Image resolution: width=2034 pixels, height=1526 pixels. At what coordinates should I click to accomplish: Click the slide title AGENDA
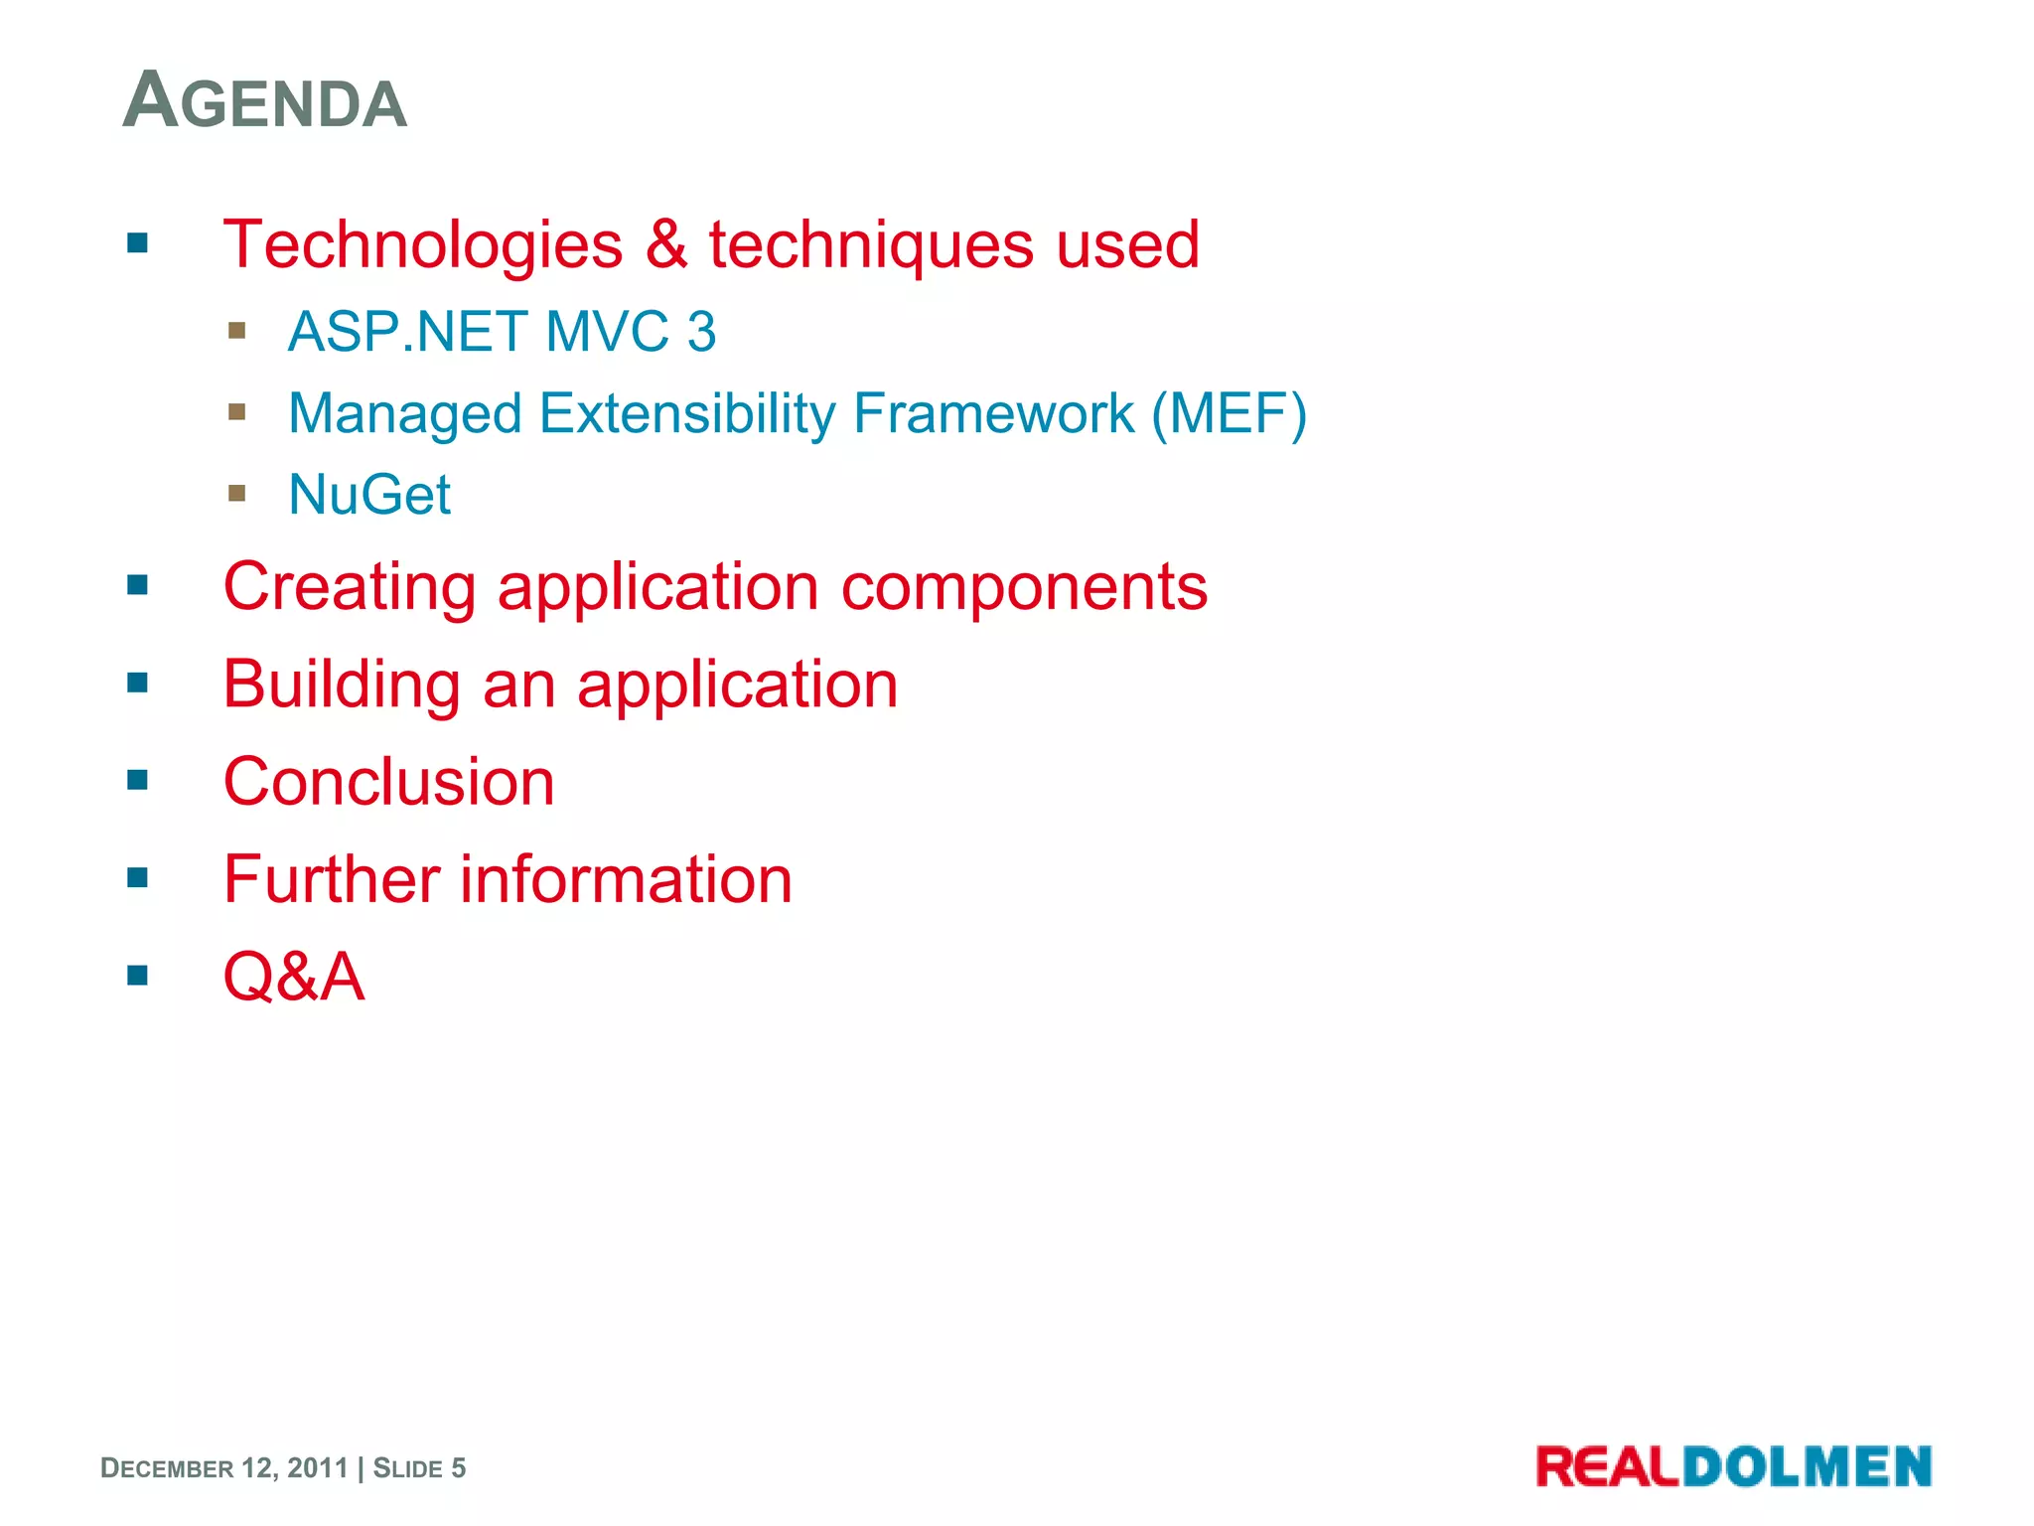tap(265, 102)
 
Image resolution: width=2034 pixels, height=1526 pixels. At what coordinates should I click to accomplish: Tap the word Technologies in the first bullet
tap(423, 245)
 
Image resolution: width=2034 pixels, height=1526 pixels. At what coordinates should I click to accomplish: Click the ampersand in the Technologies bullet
tap(665, 245)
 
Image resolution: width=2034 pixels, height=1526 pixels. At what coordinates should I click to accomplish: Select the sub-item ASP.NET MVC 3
tap(502, 332)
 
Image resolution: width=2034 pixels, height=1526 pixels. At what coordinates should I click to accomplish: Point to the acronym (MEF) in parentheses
tap(1229, 413)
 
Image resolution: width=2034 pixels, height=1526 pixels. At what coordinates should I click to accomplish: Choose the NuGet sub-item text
tap(369, 495)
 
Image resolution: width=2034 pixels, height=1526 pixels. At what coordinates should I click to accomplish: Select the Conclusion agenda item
tap(389, 783)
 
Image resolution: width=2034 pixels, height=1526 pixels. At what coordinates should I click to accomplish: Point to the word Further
tap(332, 880)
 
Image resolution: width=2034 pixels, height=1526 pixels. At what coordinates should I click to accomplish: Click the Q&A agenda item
tap(294, 978)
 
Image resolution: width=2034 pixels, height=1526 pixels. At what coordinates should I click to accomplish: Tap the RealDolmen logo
tap(1733, 1466)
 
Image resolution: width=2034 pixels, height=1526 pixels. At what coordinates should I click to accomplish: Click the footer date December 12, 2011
tap(224, 1468)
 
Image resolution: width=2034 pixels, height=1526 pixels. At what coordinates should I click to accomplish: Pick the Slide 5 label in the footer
tap(419, 1468)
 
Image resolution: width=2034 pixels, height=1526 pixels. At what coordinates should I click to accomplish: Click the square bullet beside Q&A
tap(138, 976)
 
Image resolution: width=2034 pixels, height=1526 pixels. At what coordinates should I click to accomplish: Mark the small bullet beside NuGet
tap(236, 493)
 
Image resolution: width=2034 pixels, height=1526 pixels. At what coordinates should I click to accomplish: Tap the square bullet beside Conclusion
tap(138, 781)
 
